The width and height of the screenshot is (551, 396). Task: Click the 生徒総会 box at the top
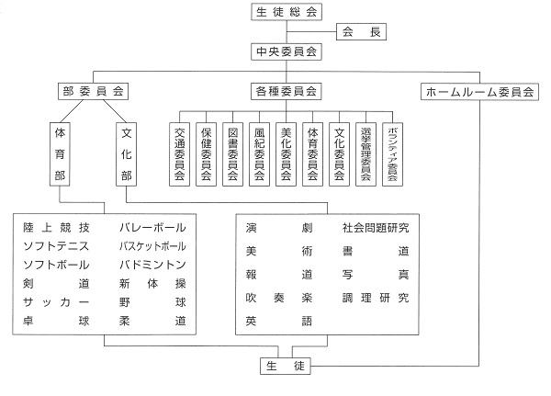(287, 12)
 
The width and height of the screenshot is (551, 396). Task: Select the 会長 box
(361, 31)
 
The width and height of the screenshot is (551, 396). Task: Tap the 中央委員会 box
(287, 51)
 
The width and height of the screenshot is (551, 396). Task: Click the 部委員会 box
(93, 92)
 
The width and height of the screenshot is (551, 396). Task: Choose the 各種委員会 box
(286, 92)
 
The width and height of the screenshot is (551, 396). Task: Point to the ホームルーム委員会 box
(479, 92)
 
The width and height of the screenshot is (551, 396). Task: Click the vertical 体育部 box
(60, 154)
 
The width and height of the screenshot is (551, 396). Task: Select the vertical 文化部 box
(126, 154)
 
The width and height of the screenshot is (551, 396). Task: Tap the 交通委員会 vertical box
(180, 154)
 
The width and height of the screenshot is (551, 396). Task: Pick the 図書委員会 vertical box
(232, 154)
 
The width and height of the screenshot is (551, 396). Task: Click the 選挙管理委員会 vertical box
(365, 154)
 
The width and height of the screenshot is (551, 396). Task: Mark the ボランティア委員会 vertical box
(392, 154)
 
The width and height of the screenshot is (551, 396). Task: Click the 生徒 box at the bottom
(286, 366)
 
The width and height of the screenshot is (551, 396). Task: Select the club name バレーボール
(152, 228)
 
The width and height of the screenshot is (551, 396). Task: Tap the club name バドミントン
(152, 265)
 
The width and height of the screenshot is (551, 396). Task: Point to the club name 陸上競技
(56, 228)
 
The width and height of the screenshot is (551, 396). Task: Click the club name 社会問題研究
(376, 228)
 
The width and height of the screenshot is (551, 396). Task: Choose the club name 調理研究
(376, 298)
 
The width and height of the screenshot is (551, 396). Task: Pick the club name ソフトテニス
(56, 246)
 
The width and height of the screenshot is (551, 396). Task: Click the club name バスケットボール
(152, 246)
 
